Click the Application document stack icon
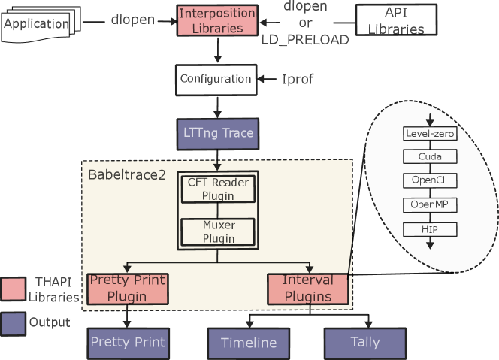(38, 23)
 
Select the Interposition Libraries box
(217, 21)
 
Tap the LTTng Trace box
(218, 134)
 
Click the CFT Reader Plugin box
(217, 189)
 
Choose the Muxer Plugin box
(217, 231)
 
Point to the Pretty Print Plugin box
(127, 289)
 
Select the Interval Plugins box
(308, 289)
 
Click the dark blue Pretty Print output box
(128, 343)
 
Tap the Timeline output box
(249, 343)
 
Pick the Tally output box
(365, 343)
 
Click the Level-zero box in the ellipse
(430, 134)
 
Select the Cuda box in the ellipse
(430, 157)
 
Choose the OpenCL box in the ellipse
(430, 181)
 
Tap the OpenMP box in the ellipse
(430, 204)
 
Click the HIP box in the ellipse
(430, 228)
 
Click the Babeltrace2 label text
(127, 175)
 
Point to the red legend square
(13, 289)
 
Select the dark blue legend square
(13, 324)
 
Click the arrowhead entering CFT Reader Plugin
(217, 167)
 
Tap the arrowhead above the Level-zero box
(430, 121)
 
